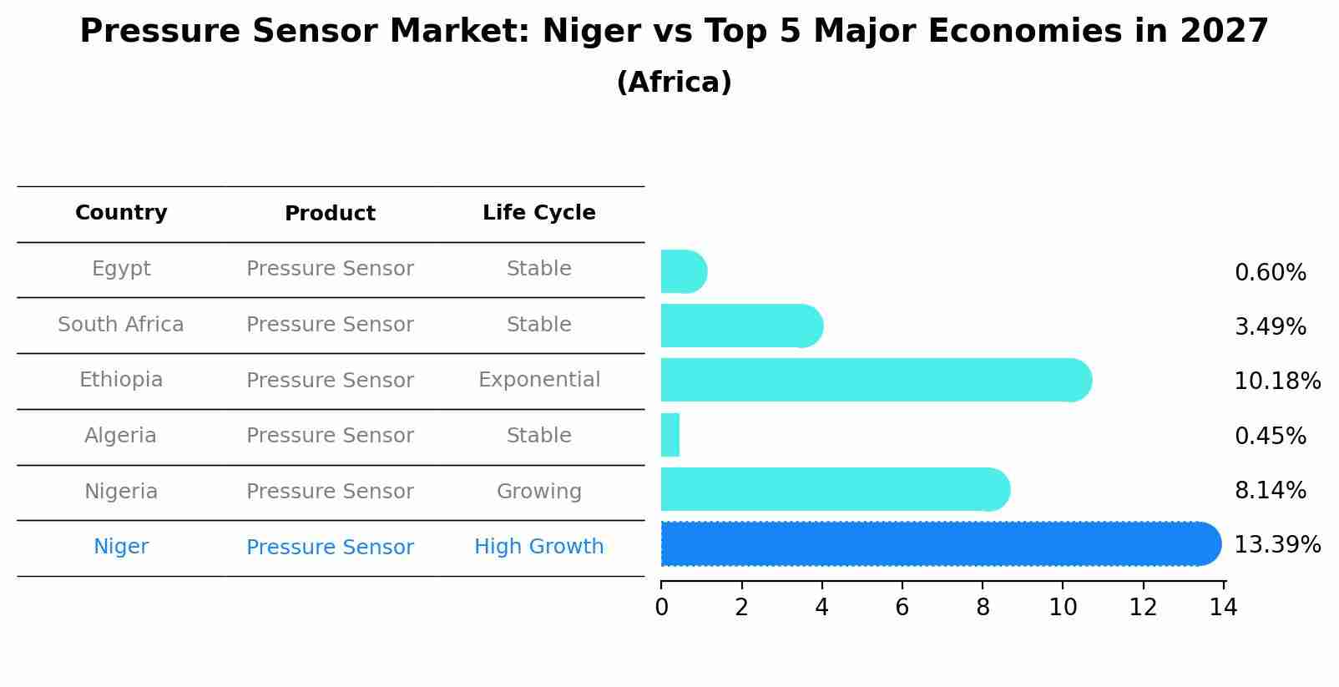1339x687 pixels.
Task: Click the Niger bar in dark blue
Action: pos(935,544)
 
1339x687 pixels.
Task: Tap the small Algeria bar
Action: pos(670,435)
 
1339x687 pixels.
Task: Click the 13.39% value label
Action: pos(1276,545)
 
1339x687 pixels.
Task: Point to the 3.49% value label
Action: pos(1270,327)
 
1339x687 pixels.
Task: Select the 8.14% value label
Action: pos(1270,491)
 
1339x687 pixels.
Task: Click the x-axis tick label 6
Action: pos(902,608)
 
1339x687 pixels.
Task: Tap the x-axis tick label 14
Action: pos(1223,608)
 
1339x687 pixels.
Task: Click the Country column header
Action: pos(121,213)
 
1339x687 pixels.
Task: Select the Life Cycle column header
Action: pos(538,213)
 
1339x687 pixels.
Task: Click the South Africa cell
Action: pos(121,325)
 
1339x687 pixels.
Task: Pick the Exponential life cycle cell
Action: pos(538,380)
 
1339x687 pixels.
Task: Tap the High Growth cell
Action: pos(538,547)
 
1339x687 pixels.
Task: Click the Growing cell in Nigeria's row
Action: pos(538,492)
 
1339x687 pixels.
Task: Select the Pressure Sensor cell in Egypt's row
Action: pos(330,269)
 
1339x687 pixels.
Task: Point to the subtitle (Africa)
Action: pos(674,83)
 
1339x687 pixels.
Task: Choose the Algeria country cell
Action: pos(121,436)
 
